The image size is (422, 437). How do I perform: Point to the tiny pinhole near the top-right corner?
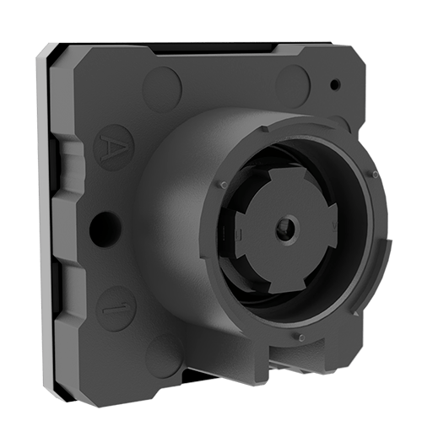click(x=336, y=85)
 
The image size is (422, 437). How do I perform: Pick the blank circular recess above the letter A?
click(x=160, y=84)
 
